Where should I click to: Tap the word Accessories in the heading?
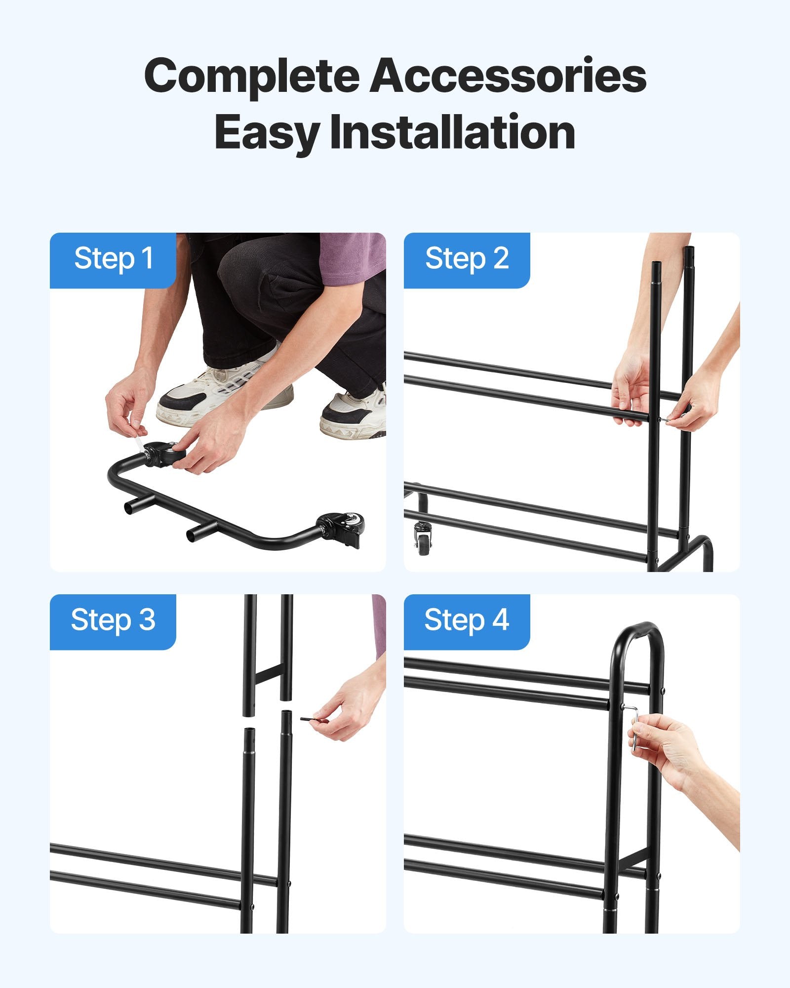coord(509,75)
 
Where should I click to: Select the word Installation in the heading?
coord(452,132)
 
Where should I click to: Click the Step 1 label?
coord(113,259)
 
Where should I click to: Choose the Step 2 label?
coord(467,259)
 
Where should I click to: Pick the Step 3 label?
coord(113,620)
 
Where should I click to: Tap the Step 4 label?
coord(467,620)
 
